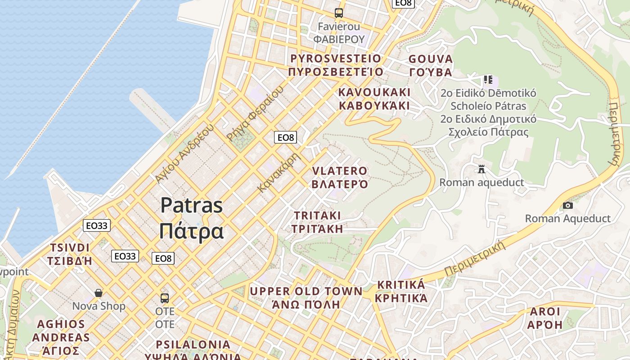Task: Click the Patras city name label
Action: pos(192,218)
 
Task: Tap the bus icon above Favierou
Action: pos(339,13)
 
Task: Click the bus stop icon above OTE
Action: pos(165,298)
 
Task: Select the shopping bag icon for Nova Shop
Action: pos(99,293)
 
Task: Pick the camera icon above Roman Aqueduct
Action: pos(568,206)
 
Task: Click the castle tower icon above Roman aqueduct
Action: pos(481,169)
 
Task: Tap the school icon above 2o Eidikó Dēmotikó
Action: pos(488,80)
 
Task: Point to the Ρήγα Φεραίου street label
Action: pos(255,113)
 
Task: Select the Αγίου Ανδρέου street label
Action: pos(184,153)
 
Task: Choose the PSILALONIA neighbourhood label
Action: pos(193,345)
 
